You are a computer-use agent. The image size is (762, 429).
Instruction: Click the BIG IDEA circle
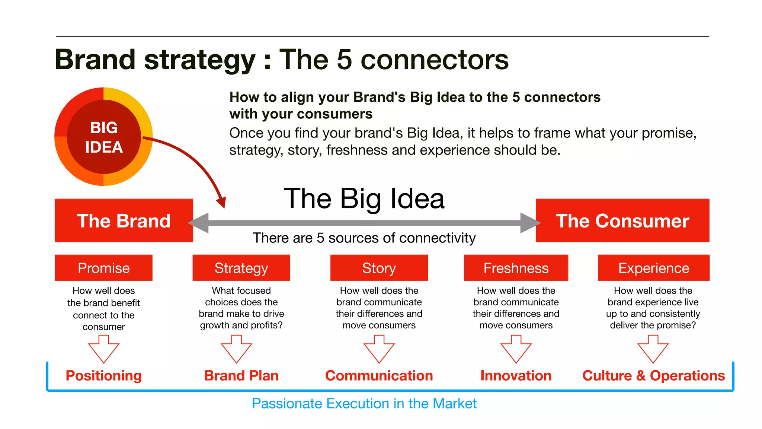coord(103,137)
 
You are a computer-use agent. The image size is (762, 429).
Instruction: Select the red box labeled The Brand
coord(124,220)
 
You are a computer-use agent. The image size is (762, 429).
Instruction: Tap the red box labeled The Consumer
coord(622,220)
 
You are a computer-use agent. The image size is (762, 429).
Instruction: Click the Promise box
coord(103,268)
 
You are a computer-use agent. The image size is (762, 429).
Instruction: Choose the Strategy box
coord(241,268)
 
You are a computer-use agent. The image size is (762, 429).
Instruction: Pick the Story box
coord(379,268)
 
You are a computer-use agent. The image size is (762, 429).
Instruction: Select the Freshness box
coord(516,268)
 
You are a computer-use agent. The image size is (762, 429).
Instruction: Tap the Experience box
coord(653,268)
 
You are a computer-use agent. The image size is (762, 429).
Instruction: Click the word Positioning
coord(103,375)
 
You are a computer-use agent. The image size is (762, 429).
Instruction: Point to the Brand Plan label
coord(241,375)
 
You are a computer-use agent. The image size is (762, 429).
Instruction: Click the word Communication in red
coord(379,375)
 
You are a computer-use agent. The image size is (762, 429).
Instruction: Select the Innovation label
coord(516,375)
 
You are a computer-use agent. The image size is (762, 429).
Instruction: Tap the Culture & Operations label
coord(653,375)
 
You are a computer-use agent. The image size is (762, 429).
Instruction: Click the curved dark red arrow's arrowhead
coord(222,202)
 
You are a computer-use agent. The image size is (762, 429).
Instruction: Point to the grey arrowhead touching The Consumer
coord(530,223)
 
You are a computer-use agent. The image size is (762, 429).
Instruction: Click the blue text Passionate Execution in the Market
coord(364,403)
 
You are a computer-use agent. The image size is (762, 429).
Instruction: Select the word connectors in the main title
coord(434,60)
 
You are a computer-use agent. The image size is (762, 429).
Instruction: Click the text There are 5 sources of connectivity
coord(364,238)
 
